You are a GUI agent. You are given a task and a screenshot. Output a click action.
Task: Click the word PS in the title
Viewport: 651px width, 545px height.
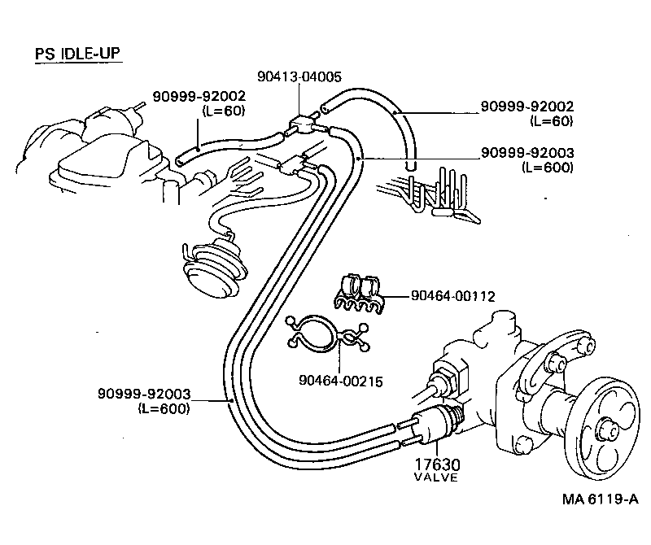(x=44, y=54)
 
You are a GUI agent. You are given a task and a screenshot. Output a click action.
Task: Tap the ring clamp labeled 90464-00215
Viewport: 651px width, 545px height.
(x=324, y=335)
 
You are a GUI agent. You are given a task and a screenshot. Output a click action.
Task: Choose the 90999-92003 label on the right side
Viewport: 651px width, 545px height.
(x=527, y=153)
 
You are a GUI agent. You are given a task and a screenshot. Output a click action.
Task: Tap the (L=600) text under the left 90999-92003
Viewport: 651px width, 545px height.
(x=163, y=409)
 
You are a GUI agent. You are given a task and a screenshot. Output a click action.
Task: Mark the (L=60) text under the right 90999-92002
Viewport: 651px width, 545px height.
(x=550, y=120)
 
